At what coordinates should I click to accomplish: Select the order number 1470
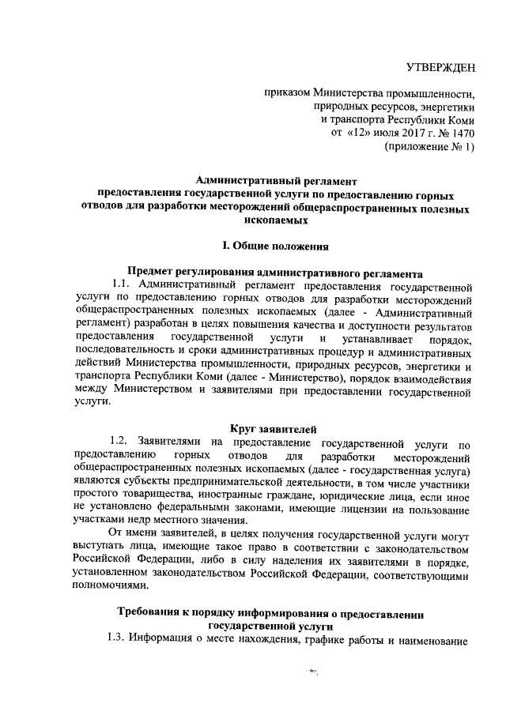(x=461, y=133)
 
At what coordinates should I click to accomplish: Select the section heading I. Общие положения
(x=274, y=246)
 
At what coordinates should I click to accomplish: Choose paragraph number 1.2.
(x=120, y=442)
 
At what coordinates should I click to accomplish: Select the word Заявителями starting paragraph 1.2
(x=170, y=442)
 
